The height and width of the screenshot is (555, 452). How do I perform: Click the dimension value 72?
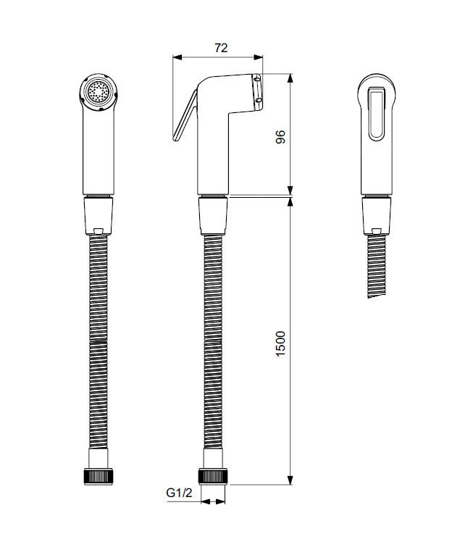pyautogui.click(x=221, y=48)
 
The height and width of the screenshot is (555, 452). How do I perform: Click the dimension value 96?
pyautogui.click(x=280, y=137)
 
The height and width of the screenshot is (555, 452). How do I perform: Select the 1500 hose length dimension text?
pyautogui.click(x=280, y=343)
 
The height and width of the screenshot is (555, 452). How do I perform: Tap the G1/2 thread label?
pyautogui.click(x=179, y=493)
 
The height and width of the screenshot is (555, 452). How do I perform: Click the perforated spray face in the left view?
pyautogui.click(x=99, y=92)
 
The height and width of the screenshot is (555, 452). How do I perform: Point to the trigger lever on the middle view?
pyautogui.click(x=185, y=116)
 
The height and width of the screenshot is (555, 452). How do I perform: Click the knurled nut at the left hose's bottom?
pyautogui.click(x=99, y=476)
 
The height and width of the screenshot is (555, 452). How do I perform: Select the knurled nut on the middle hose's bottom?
pyautogui.click(x=213, y=476)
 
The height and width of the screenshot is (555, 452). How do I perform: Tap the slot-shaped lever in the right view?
pyautogui.click(x=376, y=114)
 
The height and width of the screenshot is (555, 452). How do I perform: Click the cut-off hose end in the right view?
pyautogui.click(x=376, y=295)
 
